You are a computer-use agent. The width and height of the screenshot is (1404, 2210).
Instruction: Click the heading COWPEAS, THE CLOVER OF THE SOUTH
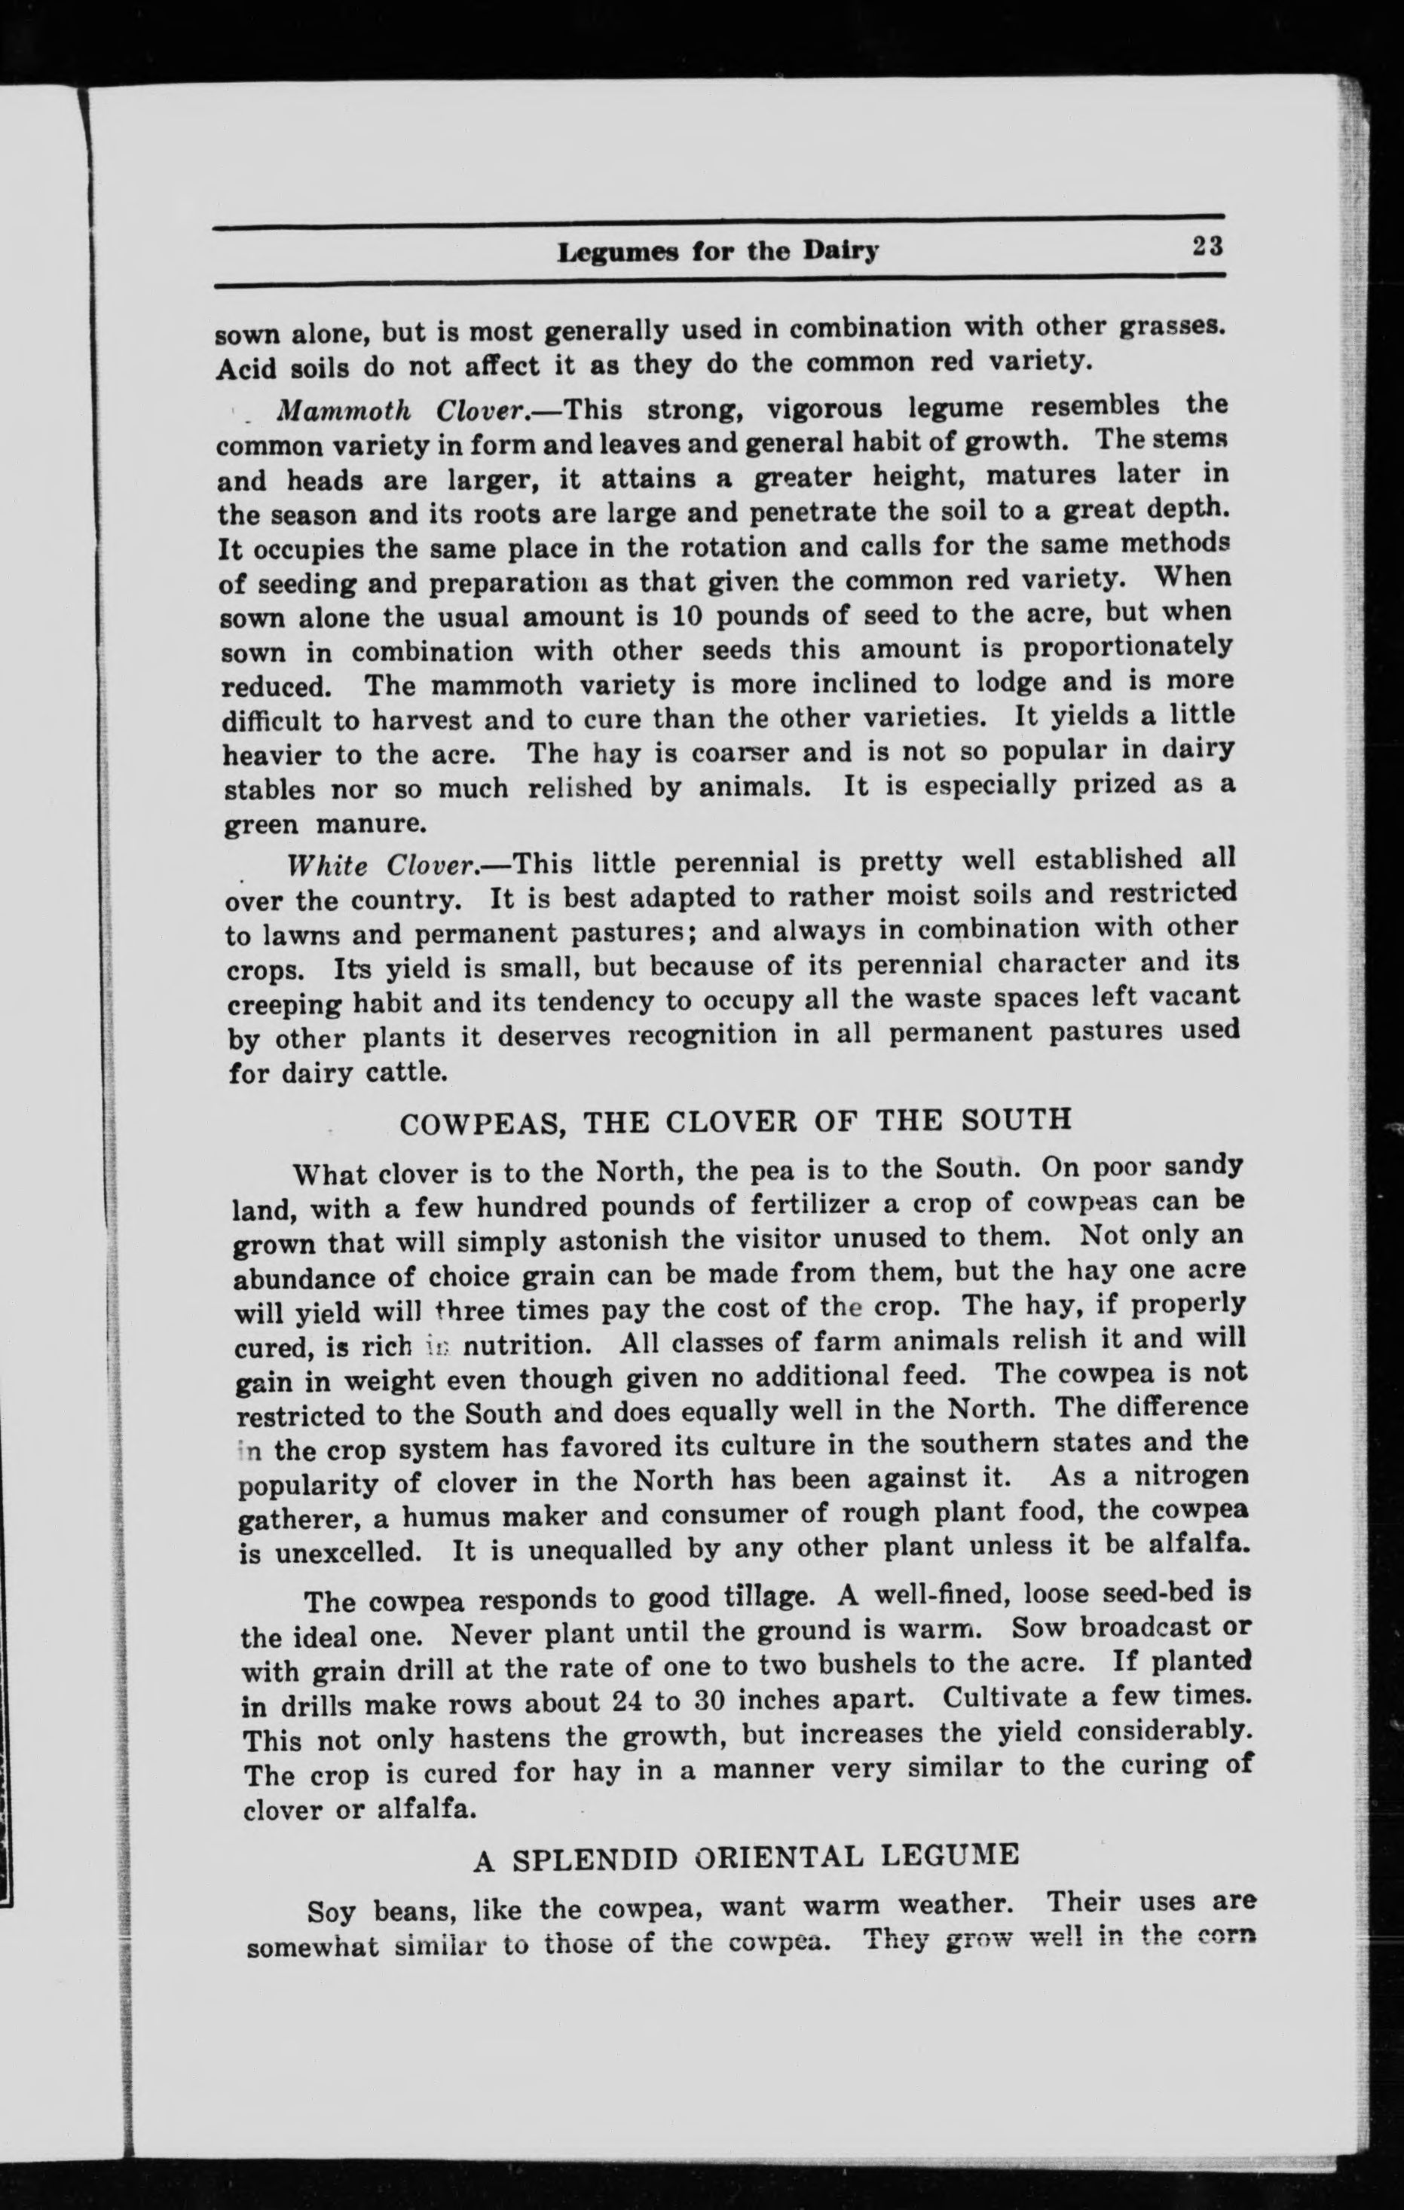(x=737, y=1120)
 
